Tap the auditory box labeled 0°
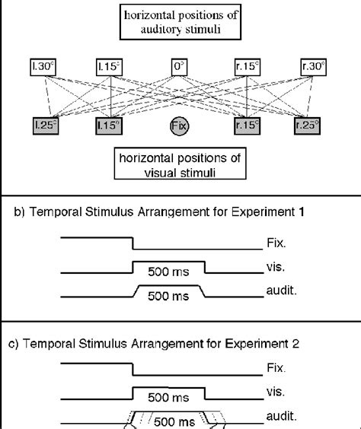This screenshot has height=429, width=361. point(180,67)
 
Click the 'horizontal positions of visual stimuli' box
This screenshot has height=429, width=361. point(180,162)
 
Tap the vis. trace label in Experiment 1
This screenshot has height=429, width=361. point(273,269)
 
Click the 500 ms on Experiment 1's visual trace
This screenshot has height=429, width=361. point(168,274)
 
